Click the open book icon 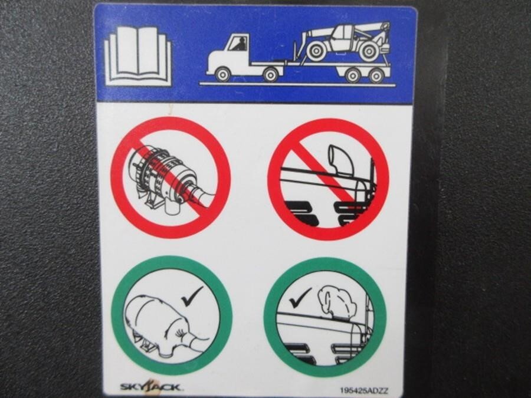click(138, 56)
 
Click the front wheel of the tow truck click(222, 74)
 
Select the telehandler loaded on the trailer click(342, 42)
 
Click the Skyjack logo click(150, 386)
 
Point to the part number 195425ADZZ click(364, 391)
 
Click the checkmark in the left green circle click(192, 296)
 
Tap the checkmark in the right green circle click(300, 298)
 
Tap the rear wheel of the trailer click(376, 75)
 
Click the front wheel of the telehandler click(316, 51)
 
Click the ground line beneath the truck click(297, 84)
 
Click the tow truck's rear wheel click(271, 74)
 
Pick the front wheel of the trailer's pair click(353, 75)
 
